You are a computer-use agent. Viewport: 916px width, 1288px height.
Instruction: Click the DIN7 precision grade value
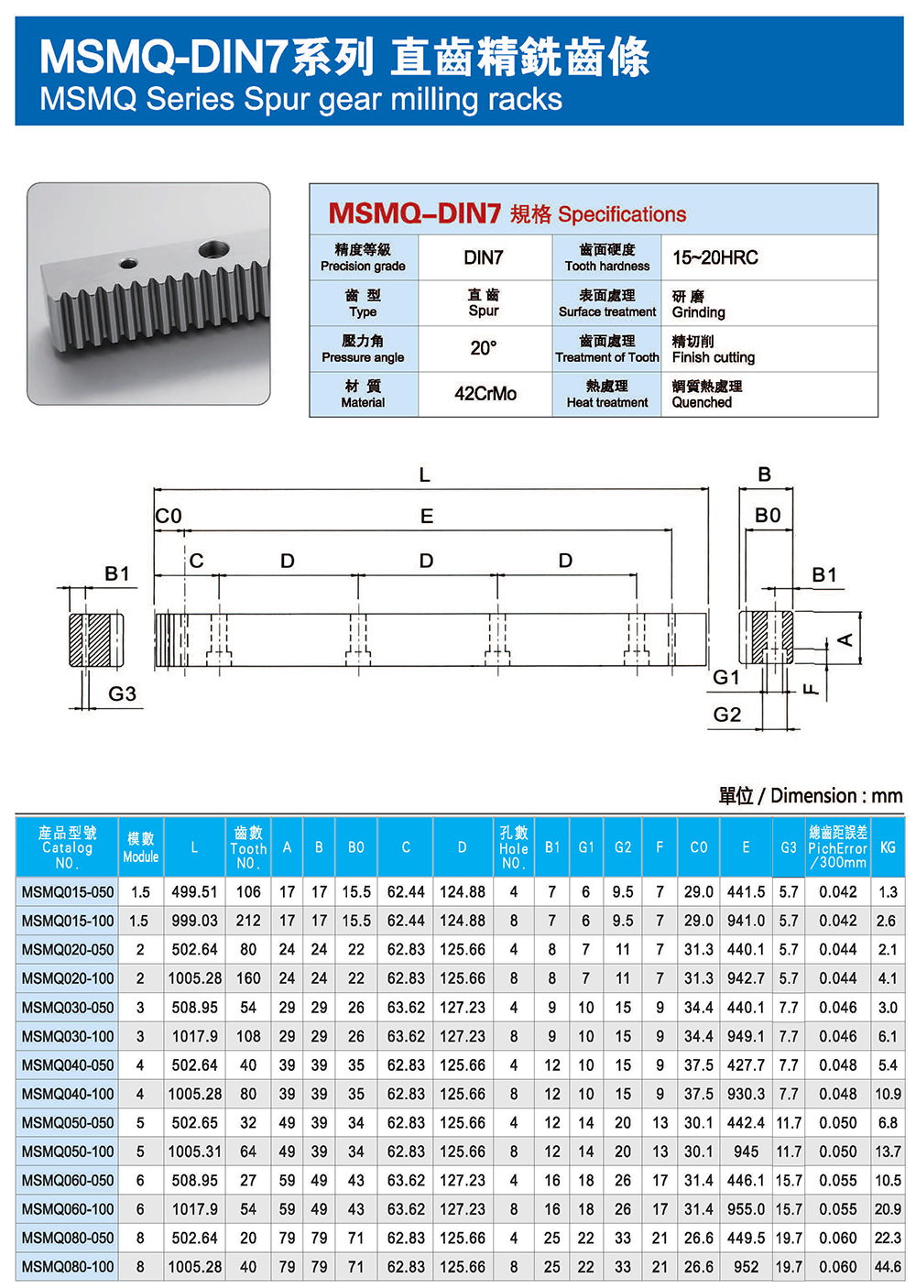(x=484, y=257)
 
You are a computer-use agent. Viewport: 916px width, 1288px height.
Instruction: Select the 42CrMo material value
(x=485, y=394)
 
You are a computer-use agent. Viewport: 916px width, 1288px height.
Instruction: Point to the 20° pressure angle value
(x=484, y=348)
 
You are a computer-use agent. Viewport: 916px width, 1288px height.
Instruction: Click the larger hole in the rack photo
(x=214, y=247)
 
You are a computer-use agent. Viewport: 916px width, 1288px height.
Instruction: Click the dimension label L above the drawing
(x=424, y=475)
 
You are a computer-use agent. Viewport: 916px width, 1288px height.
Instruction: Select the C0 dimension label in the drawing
(x=169, y=516)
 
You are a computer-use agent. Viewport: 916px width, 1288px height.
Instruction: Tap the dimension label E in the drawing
(x=427, y=517)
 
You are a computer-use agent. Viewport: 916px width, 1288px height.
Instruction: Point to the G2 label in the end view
(x=727, y=715)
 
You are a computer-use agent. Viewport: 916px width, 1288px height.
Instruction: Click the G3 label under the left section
(x=122, y=693)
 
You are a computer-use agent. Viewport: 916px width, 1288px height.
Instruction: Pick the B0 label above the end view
(x=768, y=516)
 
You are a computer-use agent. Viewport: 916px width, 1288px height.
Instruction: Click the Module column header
(x=141, y=847)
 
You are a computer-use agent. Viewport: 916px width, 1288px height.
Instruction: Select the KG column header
(x=888, y=847)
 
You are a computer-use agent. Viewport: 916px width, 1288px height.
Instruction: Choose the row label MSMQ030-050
(x=68, y=1008)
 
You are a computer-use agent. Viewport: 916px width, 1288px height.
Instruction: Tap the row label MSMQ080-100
(x=68, y=1267)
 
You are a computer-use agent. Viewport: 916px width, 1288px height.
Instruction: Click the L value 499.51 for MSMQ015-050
(x=194, y=892)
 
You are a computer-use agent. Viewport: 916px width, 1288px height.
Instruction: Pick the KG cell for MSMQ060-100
(x=888, y=1209)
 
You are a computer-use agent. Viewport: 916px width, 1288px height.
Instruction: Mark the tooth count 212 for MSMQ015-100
(x=248, y=921)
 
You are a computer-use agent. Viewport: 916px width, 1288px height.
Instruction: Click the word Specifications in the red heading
(x=622, y=214)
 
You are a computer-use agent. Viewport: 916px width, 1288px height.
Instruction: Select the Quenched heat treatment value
(x=702, y=402)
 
